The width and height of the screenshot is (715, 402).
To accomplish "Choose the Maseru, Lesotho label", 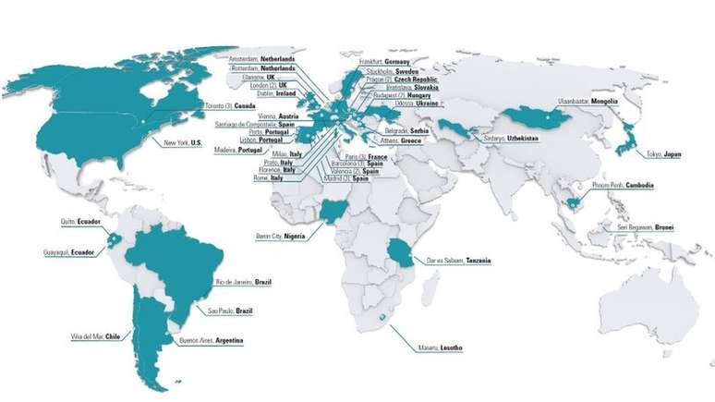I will point(438,347).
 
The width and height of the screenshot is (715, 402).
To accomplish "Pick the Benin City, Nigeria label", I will point(282,236).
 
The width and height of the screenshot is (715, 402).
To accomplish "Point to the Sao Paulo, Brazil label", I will point(230,311).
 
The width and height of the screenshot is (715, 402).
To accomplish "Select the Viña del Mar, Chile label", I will point(95,337).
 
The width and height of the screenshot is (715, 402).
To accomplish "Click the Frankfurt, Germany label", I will point(386,61).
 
